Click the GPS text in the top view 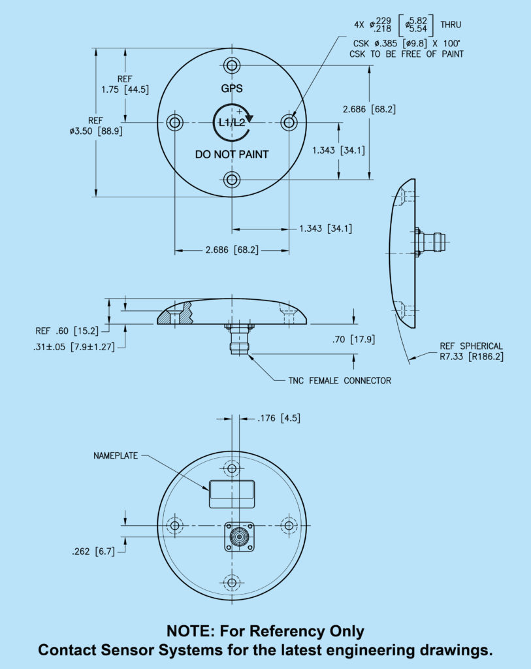[231, 88]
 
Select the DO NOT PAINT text [232, 155]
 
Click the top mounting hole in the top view [231, 65]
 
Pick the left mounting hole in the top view [174, 122]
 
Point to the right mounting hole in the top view [289, 122]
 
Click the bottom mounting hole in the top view [231, 179]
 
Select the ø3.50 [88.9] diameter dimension [96, 131]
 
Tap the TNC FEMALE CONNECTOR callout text [340, 380]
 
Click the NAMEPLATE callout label [116, 455]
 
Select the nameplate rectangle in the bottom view [231, 493]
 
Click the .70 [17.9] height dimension [353, 339]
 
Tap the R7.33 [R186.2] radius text [472, 357]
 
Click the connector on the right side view [432, 242]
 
